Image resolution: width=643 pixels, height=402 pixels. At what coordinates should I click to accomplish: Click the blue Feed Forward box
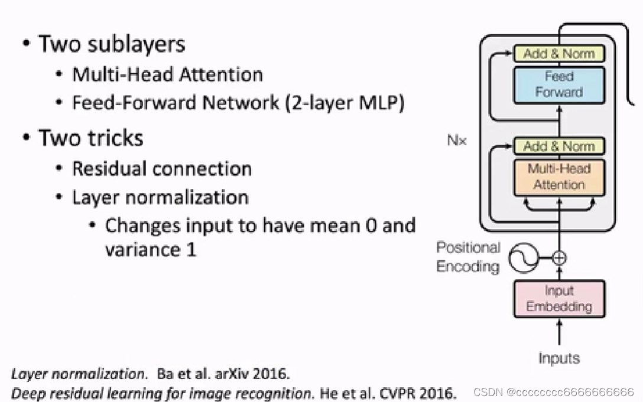(558, 85)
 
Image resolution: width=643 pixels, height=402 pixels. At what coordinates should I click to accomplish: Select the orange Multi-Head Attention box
(558, 177)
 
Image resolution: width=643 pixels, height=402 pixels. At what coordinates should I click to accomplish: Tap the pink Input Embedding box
(558, 299)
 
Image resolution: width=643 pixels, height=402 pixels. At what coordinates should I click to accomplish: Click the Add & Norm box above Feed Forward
(558, 54)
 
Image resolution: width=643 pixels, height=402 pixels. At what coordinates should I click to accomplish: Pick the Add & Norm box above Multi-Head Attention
(558, 146)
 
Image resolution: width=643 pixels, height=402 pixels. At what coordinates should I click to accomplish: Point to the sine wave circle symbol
(523, 258)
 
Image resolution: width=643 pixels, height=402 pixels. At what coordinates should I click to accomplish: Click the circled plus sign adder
(558, 258)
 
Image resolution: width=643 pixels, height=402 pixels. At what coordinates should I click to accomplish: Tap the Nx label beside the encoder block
(457, 141)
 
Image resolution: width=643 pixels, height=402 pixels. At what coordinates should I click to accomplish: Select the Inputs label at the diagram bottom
(558, 358)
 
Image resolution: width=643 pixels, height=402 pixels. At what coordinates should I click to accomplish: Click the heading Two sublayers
(112, 44)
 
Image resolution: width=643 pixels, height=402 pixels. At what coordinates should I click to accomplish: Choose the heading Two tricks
(90, 138)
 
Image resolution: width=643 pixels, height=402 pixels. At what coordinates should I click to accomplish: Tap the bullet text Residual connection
(161, 168)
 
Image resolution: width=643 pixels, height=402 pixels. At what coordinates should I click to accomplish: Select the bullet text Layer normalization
(160, 197)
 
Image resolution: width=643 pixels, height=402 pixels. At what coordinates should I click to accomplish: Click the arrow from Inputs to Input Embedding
(558, 332)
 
